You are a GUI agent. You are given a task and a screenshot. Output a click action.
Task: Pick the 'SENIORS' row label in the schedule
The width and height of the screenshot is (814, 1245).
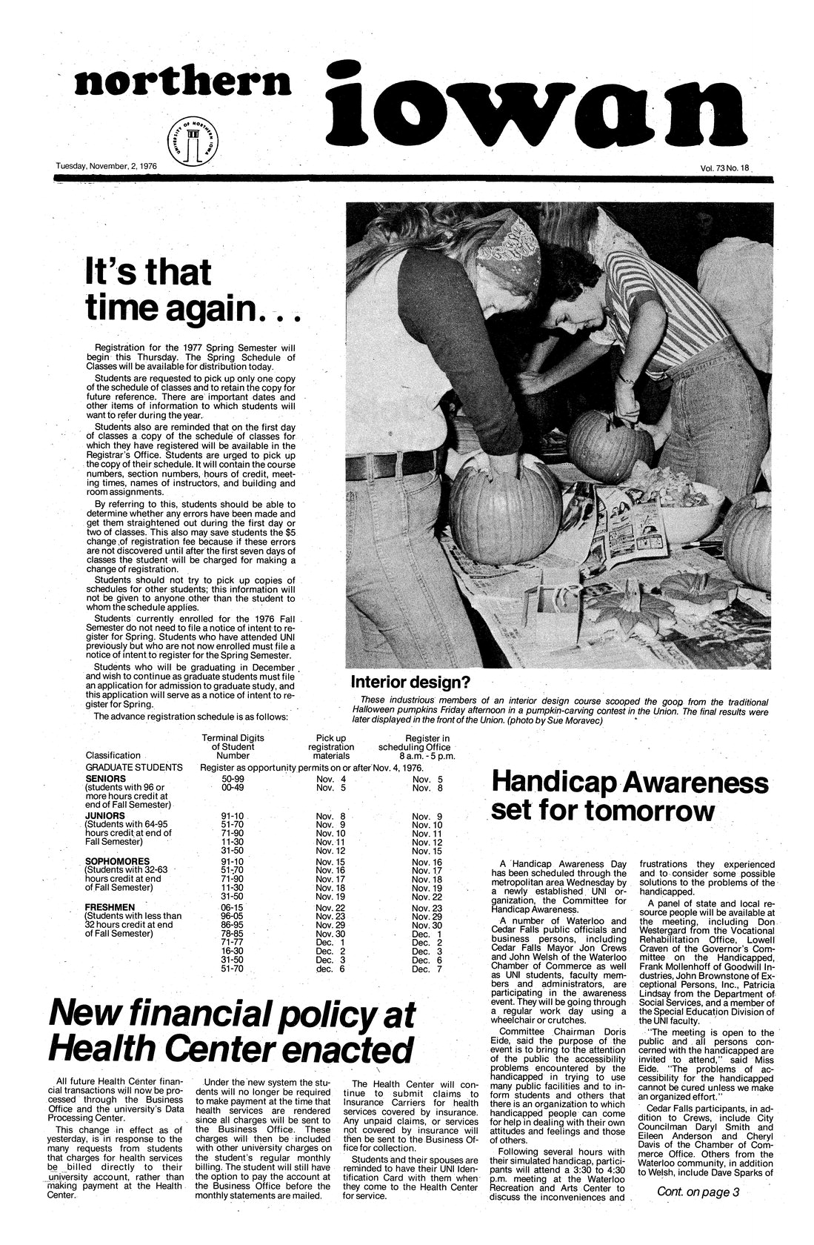(105, 779)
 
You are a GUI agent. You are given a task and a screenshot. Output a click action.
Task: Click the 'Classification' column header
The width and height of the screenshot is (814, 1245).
(113, 755)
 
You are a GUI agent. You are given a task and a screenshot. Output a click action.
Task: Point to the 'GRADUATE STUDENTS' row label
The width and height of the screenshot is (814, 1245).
(134, 767)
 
